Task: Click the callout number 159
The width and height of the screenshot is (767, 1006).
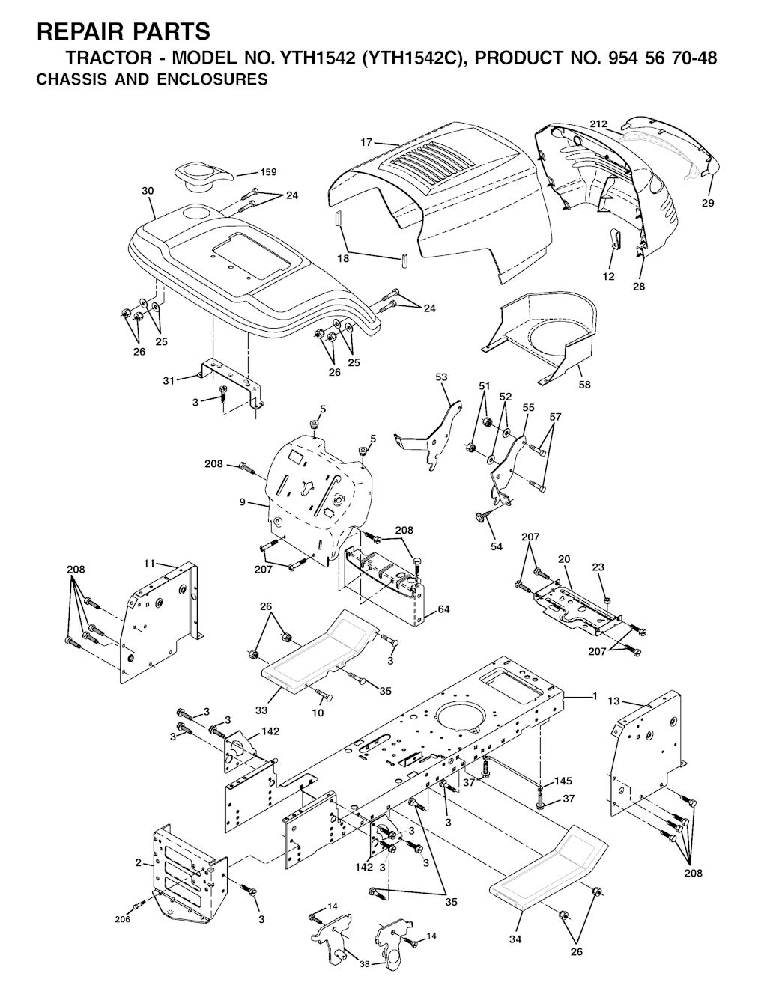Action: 267,172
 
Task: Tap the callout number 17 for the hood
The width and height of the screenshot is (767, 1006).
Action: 366,142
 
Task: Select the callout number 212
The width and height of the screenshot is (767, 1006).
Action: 598,124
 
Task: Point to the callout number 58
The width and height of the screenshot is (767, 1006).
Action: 584,385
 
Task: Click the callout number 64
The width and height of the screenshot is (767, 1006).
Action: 443,609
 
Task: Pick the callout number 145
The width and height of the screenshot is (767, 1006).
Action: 563,781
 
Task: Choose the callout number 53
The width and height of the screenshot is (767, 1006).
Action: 441,377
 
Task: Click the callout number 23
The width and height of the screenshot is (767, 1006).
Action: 598,567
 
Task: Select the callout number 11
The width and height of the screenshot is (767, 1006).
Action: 150,564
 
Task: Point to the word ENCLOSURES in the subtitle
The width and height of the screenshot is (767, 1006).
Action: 212,79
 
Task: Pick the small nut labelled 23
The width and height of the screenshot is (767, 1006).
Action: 607,600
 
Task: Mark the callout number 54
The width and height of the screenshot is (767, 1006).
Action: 497,546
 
